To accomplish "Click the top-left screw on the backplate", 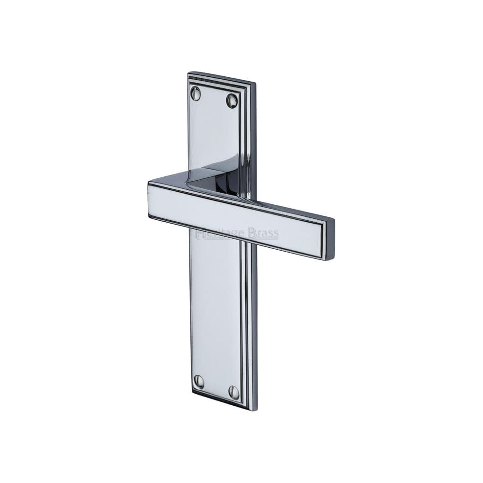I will coord(196,93).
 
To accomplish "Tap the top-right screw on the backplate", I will coord(232,100).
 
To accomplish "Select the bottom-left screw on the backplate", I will coord(199,382).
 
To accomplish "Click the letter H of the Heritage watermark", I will coord(200,234).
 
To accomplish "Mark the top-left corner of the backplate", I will coord(188,73).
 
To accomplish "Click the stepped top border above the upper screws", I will coord(217,81).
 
